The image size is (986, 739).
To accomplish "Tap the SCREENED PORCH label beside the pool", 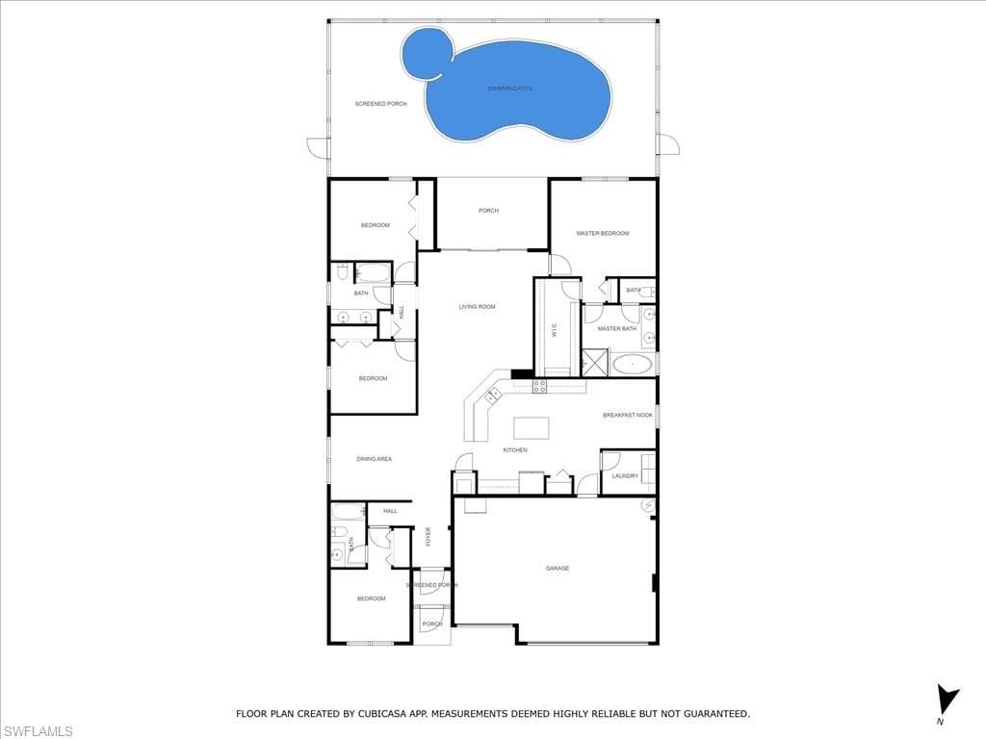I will (x=381, y=104).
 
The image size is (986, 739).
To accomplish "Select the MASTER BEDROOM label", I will (x=603, y=234).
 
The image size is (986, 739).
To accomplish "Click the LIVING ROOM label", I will (x=477, y=307).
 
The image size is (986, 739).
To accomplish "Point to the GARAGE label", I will (x=558, y=569).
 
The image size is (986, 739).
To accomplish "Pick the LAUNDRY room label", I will (x=625, y=475).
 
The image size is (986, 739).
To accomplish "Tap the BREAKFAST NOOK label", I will (x=628, y=416).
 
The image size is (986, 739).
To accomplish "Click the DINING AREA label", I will (x=374, y=459).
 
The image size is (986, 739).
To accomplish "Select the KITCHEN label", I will (x=515, y=450).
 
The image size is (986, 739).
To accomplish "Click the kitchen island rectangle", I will (x=531, y=427).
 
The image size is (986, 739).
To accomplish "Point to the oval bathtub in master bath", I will (x=633, y=365).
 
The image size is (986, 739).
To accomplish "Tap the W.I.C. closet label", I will (x=556, y=329).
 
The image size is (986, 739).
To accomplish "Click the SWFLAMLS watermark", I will (x=38, y=731).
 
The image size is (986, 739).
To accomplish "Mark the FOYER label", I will (x=428, y=536).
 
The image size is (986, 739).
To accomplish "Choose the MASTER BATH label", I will (x=616, y=329).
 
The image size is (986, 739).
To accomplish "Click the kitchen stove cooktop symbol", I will (x=539, y=386).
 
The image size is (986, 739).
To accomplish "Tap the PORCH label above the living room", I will (x=489, y=211).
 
